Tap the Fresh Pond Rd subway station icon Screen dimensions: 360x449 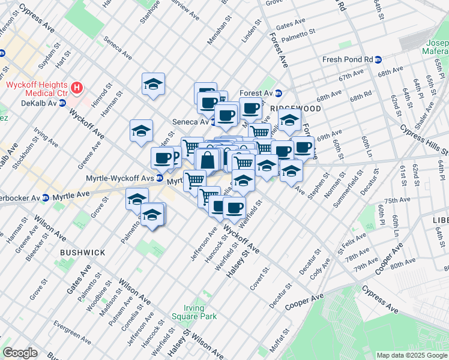(x=378, y=59)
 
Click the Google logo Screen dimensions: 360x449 (x=20, y=353)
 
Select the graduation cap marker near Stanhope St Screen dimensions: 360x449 (x=153, y=85)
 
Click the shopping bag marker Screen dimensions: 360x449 (x=207, y=161)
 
